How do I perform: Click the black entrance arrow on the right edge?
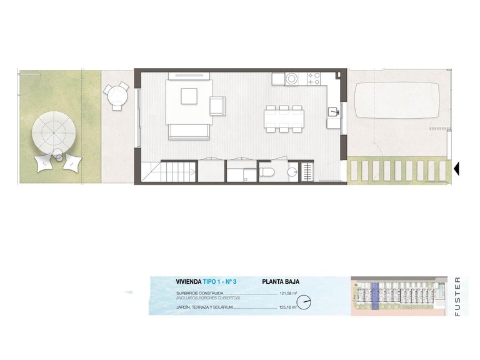click(x=456, y=168)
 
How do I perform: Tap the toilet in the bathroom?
click(x=266, y=171)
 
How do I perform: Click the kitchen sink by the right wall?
click(x=334, y=112)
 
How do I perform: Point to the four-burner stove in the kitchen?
click(x=313, y=79)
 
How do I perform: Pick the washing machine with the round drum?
click(x=291, y=79)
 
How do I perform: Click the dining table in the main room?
click(x=284, y=118)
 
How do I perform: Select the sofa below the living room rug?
click(x=188, y=131)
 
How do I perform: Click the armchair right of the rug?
click(x=217, y=106)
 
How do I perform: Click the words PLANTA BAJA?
click(x=281, y=282)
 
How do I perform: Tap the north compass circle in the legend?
click(x=304, y=303)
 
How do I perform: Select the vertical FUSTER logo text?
click(x=457, y=296)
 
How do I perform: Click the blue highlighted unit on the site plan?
click(x=375, y=295)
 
